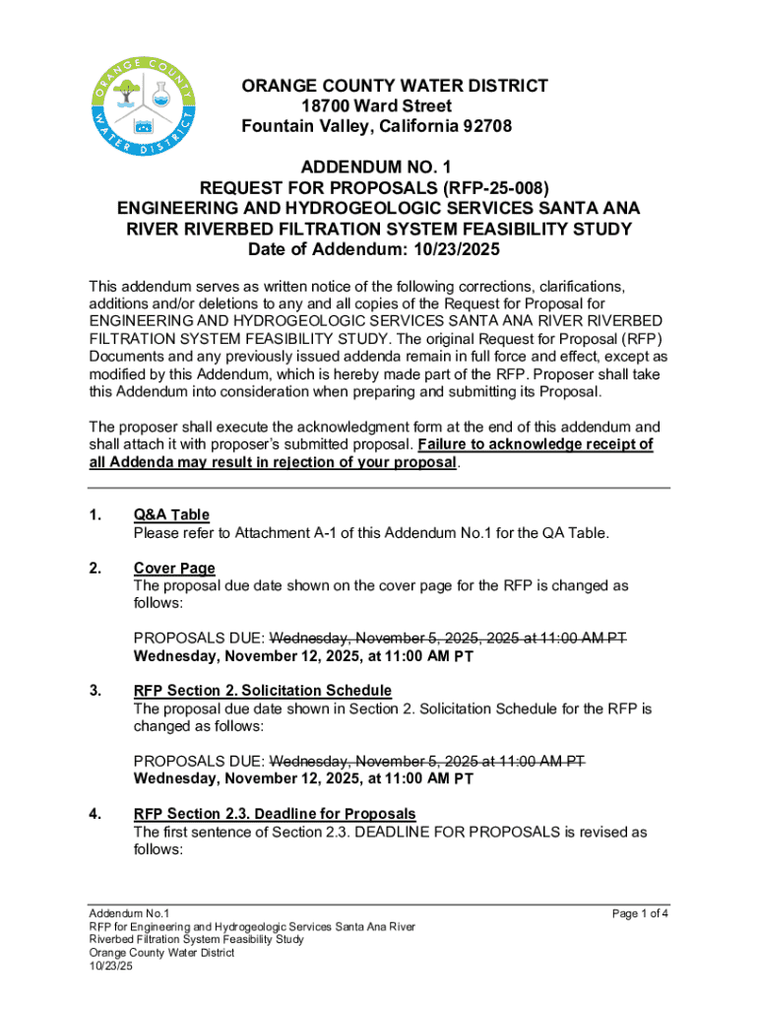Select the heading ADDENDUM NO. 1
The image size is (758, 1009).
379,168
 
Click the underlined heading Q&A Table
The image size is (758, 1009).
171,515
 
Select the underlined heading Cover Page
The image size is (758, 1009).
174,569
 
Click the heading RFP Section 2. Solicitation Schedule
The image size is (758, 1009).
262,690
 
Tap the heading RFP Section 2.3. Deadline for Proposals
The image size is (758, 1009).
275,814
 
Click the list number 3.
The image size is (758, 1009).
95,690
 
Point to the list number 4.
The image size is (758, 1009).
95,814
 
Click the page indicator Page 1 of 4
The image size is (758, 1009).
640,913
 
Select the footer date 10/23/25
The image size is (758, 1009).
110,966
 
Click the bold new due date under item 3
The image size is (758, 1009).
303,778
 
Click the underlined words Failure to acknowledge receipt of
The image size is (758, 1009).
536,444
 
